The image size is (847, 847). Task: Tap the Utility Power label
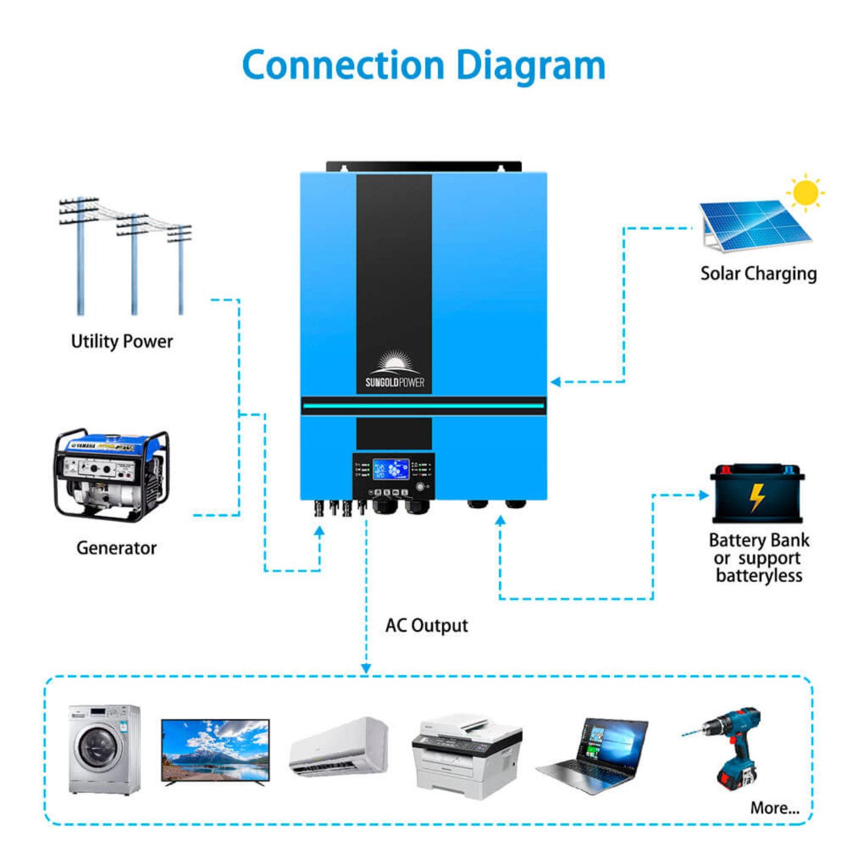coord(122,341)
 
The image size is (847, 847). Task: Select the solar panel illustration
coord(753,225)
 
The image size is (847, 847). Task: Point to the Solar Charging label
coord(758,273)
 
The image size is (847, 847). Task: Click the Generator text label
coord(116,548)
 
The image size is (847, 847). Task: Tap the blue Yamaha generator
coord(111,475)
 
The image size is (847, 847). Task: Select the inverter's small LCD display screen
coord(391,469)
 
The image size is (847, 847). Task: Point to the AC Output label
coord(427,626)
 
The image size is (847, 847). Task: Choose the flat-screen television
coord(215,751)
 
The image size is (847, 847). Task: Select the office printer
coord(466,756)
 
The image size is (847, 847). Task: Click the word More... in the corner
coord(774,808)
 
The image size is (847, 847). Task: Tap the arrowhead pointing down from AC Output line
coord(366,668)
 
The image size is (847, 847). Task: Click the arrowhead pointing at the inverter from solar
coord(555,382)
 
